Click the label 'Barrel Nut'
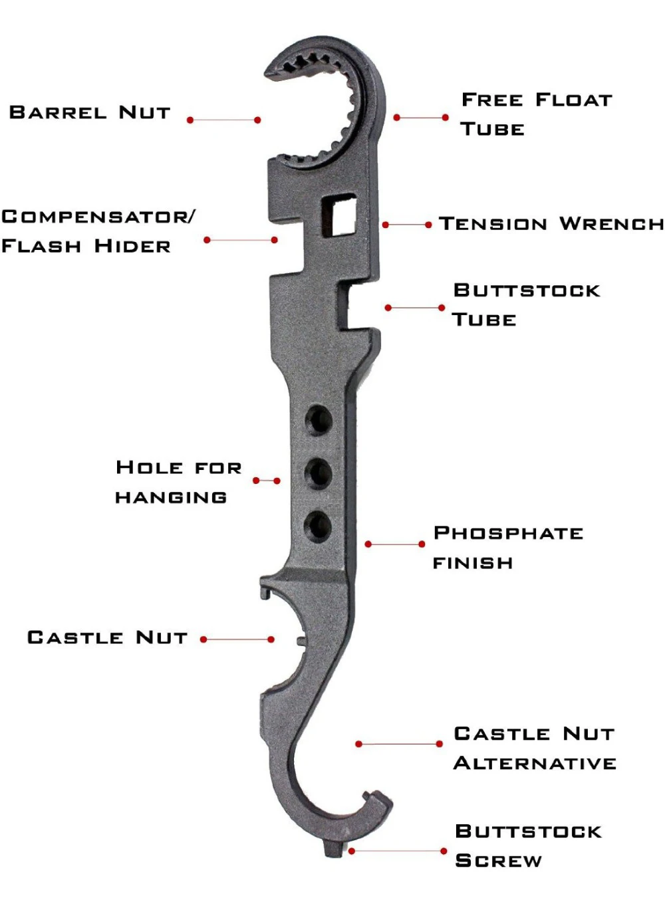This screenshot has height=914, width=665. coord(90,112)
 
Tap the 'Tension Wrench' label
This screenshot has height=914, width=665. coord(551,224)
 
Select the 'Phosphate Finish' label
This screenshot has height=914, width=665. coord(507,548)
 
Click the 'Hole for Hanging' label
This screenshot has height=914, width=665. coord(178,482)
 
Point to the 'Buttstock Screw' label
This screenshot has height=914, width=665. coord(528,846)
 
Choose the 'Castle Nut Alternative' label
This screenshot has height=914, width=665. coord(535,748)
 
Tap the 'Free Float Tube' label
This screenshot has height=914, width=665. coord(536,114)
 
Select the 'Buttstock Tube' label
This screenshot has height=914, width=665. coord(526,305)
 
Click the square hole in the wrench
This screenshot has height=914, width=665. coord(339,215)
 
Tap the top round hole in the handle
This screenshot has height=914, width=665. coord(319,420)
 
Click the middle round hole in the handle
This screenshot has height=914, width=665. coord(319,473)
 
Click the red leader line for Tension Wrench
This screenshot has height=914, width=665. coord(407,225)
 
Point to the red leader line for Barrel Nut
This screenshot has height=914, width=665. coord(223,120)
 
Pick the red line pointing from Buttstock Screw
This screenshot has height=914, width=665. coord(398,851)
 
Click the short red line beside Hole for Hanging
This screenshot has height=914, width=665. coord(267,481)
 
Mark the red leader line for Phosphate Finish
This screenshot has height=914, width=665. coord(394,544)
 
